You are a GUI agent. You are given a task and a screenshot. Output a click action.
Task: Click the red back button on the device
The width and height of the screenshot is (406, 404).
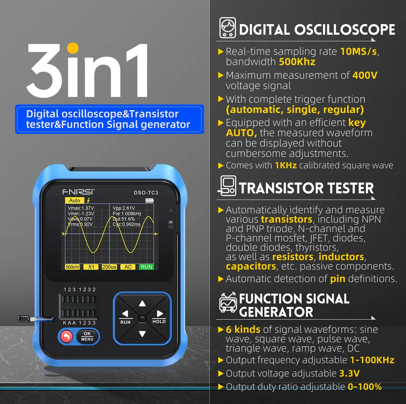66,337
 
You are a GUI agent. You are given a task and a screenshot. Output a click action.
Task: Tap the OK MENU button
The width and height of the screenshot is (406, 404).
87,337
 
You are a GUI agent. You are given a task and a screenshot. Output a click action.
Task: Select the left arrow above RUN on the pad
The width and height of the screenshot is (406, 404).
125,313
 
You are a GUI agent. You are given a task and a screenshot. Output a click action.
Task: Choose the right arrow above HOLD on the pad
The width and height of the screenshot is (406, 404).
160,313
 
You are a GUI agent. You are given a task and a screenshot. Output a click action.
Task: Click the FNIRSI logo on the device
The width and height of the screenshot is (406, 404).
79,192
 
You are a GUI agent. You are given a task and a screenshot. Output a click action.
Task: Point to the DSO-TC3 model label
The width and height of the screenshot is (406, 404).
146,193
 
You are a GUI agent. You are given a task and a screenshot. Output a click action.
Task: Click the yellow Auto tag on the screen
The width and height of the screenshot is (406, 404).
75,200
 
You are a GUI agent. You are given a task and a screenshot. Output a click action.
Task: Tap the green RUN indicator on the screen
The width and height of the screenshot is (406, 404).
147,266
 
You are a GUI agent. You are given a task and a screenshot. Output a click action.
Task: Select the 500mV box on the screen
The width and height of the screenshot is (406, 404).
72,267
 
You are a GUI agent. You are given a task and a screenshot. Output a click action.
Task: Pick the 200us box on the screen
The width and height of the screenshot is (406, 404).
109,267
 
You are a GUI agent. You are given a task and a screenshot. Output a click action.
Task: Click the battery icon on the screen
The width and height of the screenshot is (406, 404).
150,200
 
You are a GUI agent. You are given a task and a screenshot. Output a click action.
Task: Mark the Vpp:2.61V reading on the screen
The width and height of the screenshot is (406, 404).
124,208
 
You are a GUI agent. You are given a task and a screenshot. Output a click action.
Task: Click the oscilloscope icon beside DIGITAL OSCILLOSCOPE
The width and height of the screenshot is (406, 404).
228,28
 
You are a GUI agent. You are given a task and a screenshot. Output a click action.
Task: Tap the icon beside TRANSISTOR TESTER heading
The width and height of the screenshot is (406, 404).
227,185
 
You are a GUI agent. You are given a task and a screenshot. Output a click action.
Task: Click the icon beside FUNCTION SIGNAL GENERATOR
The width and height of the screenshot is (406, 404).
228,302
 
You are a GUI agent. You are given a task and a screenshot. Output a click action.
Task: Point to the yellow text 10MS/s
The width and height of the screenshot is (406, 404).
359,51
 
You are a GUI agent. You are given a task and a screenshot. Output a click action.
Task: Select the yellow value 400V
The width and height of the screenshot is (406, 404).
365,75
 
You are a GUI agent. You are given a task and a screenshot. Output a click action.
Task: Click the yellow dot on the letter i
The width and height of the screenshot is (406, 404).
73,48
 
